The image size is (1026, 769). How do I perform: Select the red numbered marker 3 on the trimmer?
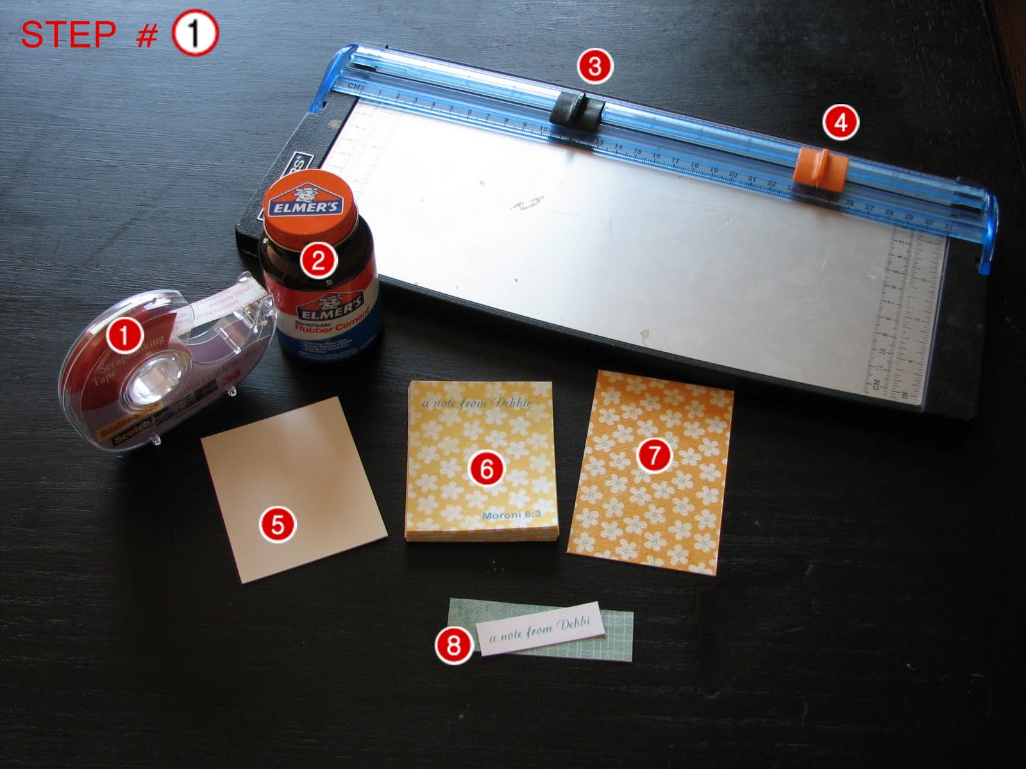click(x=594, y=67)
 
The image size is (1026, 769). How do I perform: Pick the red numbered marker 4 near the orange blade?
click(x=841, y=122)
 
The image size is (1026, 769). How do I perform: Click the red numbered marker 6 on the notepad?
click(x=487, y=470)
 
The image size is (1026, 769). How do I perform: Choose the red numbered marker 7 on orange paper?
click(x=654, y=456)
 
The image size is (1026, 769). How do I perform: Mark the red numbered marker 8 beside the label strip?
click(x=453, y=645)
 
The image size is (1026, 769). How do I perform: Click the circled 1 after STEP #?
click(x=196, y=35)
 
